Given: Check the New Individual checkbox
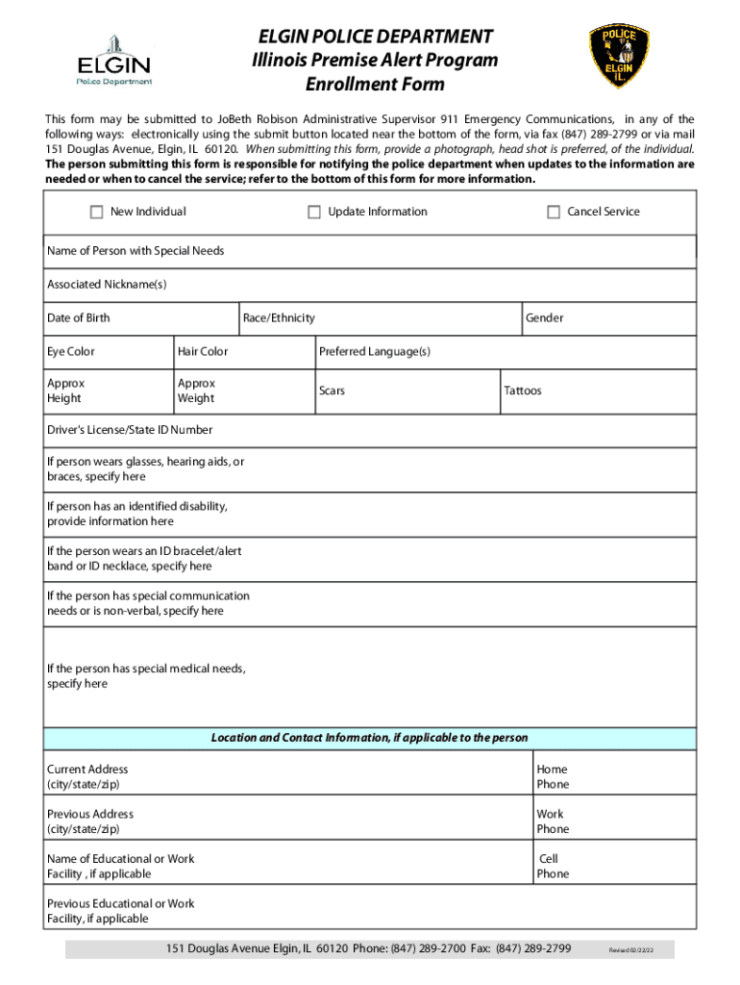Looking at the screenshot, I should click(96, 213).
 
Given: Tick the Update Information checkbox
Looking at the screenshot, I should click(314, 213).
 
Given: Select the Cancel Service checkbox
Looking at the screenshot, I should click(554, 213).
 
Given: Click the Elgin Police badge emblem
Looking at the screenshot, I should click(619, 57).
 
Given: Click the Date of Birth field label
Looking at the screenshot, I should click(79, 318).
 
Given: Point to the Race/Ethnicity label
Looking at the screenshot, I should click(279, 318).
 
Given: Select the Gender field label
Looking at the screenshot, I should click(544, 318).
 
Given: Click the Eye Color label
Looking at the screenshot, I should click(71, 352).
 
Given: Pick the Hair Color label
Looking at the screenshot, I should click(203, 352).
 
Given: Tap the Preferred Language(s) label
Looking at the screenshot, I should click(375, 352).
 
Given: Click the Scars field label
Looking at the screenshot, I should click(332, 391).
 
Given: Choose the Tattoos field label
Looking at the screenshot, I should click(523, 391).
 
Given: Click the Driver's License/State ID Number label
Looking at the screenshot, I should click(130, 430).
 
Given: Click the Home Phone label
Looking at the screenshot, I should click(553, 777).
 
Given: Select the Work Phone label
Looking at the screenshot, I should click(553, 821).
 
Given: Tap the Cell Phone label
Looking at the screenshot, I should click(553, 867).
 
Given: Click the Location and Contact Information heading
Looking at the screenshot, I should click(370, 738).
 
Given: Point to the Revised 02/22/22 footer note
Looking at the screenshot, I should click(630, 951).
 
